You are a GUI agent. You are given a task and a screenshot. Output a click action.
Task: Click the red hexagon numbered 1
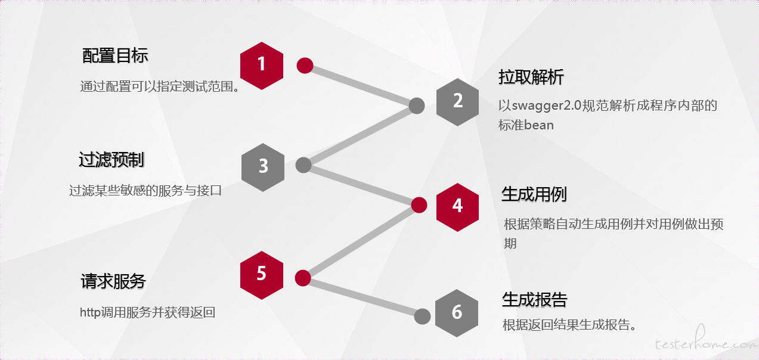[262, 66]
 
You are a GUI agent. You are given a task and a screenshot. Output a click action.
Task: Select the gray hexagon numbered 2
[457, 103]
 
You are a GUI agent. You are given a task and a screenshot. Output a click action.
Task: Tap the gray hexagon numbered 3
[263, 167]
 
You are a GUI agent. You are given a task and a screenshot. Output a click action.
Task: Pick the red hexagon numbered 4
[457, 207]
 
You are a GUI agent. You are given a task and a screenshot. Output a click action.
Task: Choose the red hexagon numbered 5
[262, 275]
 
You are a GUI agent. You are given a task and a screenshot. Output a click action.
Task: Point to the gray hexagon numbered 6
[457, 314]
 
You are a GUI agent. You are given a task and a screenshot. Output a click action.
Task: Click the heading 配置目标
[115, 55]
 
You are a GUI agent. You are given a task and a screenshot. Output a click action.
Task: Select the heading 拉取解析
[531, 77]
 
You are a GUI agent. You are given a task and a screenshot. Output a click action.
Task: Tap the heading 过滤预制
[112, 160]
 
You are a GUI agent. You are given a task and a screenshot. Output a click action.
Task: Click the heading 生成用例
[534, 194]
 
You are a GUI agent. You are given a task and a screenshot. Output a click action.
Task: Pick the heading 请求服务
[113, 281]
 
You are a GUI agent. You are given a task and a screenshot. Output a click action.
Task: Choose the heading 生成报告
[535, 299]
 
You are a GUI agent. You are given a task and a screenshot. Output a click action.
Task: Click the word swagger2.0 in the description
[546, 106]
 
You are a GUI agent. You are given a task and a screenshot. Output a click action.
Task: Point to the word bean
[539, 125]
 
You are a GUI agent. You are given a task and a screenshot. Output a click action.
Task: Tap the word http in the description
[91, 312]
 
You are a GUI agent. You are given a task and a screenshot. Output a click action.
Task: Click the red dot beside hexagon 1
[305, 66]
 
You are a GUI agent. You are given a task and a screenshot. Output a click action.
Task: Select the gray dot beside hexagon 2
[417, 106]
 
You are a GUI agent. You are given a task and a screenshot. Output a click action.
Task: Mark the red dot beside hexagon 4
[419, 205]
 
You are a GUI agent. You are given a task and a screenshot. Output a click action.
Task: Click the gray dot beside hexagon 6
[422, 316]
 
